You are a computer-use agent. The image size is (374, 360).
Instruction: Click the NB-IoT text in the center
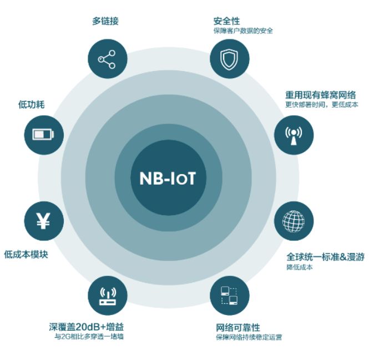(x=168, y=178)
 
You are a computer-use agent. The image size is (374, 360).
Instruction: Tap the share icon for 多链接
(x=107, y=59)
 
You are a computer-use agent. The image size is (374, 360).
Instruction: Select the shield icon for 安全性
(x=229, y=59)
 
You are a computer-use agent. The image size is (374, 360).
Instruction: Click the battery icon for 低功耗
(x=43, y=134)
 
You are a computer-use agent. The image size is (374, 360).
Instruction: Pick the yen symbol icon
(x=43, y=221)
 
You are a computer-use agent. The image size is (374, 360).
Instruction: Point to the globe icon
(x=294, y=221)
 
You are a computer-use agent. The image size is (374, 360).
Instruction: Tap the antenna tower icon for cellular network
(x=294, y=135)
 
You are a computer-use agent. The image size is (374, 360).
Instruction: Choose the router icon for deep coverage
(x=108, y=296)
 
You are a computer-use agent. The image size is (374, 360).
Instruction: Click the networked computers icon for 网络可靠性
(x=229, y=296)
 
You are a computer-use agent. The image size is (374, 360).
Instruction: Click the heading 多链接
(x=105, y=21)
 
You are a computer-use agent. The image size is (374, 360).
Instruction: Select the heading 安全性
(x=226, y=21)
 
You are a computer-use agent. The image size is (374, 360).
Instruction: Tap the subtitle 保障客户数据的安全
(x=243, y=31)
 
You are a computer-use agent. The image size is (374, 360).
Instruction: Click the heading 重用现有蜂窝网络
(x=321, y=95)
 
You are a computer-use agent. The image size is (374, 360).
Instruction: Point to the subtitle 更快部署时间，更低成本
(x=322, y=105)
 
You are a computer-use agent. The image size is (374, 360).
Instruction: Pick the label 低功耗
(x=32, y=104)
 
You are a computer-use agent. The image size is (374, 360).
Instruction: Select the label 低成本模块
(x=26, y=255)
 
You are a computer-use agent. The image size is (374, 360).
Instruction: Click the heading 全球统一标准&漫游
(x=325, y=257)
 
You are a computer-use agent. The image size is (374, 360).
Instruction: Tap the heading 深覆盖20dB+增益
(x=87, y=327)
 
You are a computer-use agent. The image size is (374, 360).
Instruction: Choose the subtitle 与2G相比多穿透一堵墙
(x=89, y=337)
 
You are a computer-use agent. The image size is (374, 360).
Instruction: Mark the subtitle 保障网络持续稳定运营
(x=249, y=337)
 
